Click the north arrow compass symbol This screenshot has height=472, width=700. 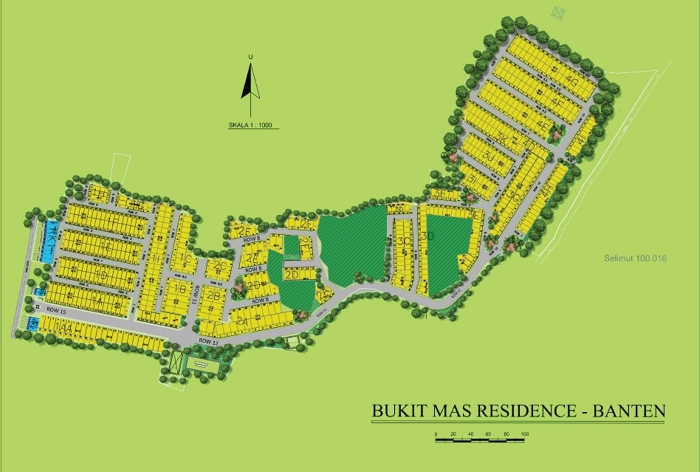[x=250, y=82]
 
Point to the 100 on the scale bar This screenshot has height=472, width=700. [x=524, y=434]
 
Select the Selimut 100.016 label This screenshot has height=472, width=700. [x=635, y=258]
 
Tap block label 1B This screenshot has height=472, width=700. [x=180, y=289]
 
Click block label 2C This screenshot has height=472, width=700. [x=220, y=267]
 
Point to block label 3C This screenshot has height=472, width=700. [x=403, y=241]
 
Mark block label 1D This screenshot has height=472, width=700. [x=101, y=274]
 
